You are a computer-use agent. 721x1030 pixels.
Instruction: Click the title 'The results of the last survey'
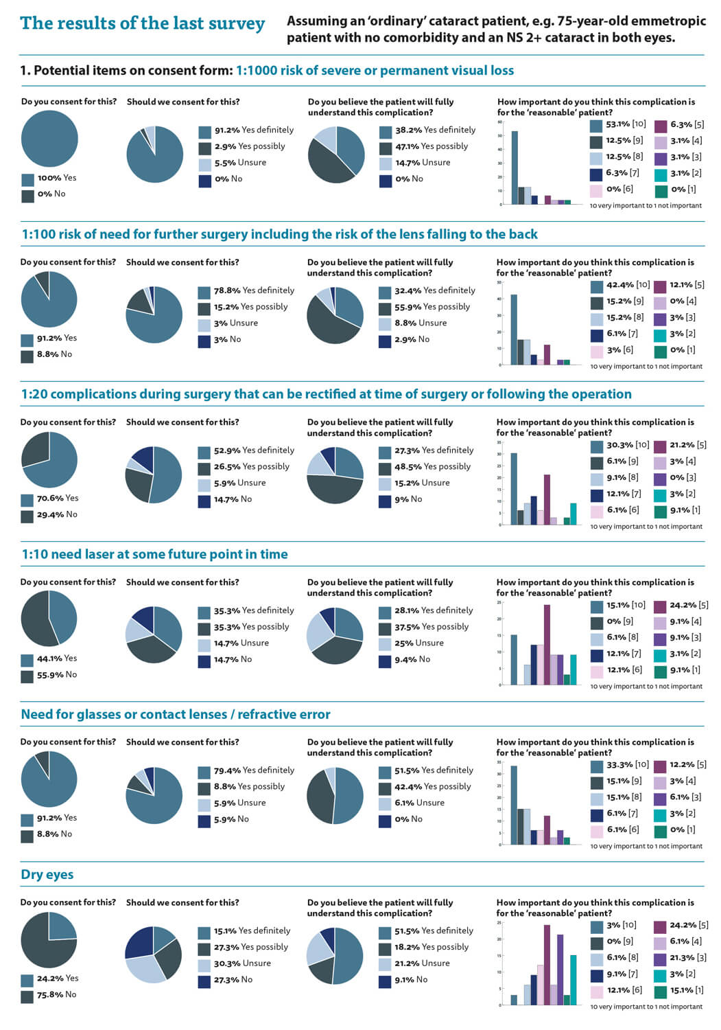[142, 24]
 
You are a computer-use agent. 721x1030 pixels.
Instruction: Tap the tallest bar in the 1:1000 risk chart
[515, 168]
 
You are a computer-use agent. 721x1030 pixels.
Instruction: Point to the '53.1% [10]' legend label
[625, 125]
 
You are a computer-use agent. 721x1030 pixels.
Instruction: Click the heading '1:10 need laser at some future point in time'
[154, 555]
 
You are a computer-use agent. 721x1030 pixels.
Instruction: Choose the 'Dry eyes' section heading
[47, 875]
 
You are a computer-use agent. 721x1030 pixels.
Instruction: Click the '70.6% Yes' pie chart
[49, 459]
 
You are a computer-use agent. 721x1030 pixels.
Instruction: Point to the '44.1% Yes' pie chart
[49, 619]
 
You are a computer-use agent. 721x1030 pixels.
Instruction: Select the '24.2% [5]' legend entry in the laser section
[687, 606]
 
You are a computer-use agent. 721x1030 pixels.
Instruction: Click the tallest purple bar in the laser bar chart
[547, 645]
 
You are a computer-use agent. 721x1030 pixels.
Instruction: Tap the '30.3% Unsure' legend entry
[241, 963]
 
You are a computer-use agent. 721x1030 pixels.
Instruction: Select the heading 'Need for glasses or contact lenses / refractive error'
[176, 715]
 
